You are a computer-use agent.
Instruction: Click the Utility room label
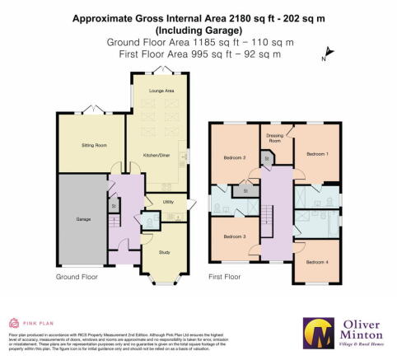point(167,201)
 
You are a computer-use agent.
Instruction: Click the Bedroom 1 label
point(316,153)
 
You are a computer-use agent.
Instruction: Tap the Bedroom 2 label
point(235,157)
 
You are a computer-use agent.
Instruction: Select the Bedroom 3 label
point(235,237)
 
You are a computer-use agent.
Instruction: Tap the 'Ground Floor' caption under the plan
point(77,278)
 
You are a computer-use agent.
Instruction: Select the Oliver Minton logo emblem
point(316,333)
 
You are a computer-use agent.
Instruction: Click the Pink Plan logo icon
point(12,323)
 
